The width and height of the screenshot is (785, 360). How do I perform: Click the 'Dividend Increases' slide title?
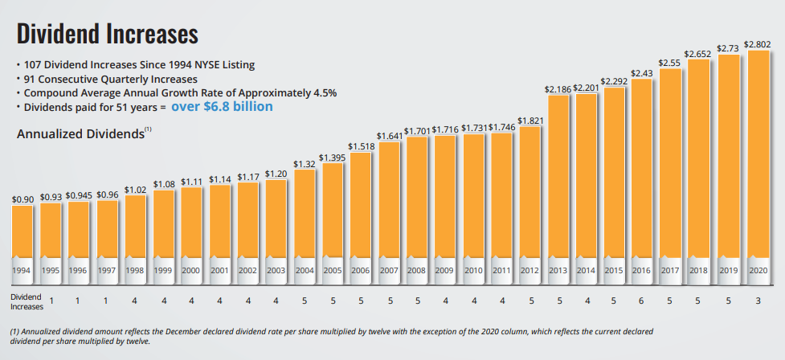pyautogui.click(x=107, y=34)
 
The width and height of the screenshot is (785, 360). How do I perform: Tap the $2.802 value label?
pyautogui.click(x=758, y=44)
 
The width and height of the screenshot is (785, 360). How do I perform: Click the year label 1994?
pyautogui.click(x=22, y=270)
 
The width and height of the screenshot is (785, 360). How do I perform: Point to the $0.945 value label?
pyautogui.click(x=78, y=194)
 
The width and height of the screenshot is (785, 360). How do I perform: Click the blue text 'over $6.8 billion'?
pyautogui.click(x=222, y=106)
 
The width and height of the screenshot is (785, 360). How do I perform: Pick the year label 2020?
pyautogui.click(x=758, y=270)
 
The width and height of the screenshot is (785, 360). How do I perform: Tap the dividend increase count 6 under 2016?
pyautogui.click(x=641, y=301)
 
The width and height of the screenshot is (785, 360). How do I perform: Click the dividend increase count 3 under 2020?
pyautogui.click(x=758, y=301)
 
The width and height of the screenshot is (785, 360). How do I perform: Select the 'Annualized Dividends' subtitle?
pyautogui.click(x=80, y=134)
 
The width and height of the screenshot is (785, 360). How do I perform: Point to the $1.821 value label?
pyautogui.click(x=529, y=121)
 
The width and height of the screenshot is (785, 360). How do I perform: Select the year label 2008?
pyautogui.click(x=417, y=270)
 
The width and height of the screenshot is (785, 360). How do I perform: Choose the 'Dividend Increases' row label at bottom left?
pyautogui.click(x=27, y=301)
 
